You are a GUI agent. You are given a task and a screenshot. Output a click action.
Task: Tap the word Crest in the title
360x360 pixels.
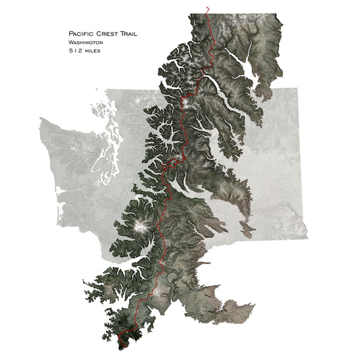(x=111, y=33)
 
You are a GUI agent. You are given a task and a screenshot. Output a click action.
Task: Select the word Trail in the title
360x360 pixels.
(x=135, y=33)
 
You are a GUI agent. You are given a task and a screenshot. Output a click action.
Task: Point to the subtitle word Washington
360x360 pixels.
(x=85, y=42)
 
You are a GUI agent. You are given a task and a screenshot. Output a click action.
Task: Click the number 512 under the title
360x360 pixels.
(x=76, y=51)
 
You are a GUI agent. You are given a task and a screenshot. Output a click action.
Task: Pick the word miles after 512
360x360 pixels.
(x=93, y=51)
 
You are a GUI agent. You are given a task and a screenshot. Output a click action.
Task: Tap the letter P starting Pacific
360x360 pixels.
(x=70, y=33)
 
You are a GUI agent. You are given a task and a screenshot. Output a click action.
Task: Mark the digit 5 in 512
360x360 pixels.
(x=70, y=51)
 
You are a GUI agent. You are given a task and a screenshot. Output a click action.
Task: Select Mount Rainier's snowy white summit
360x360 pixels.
(x=141, y=226)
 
